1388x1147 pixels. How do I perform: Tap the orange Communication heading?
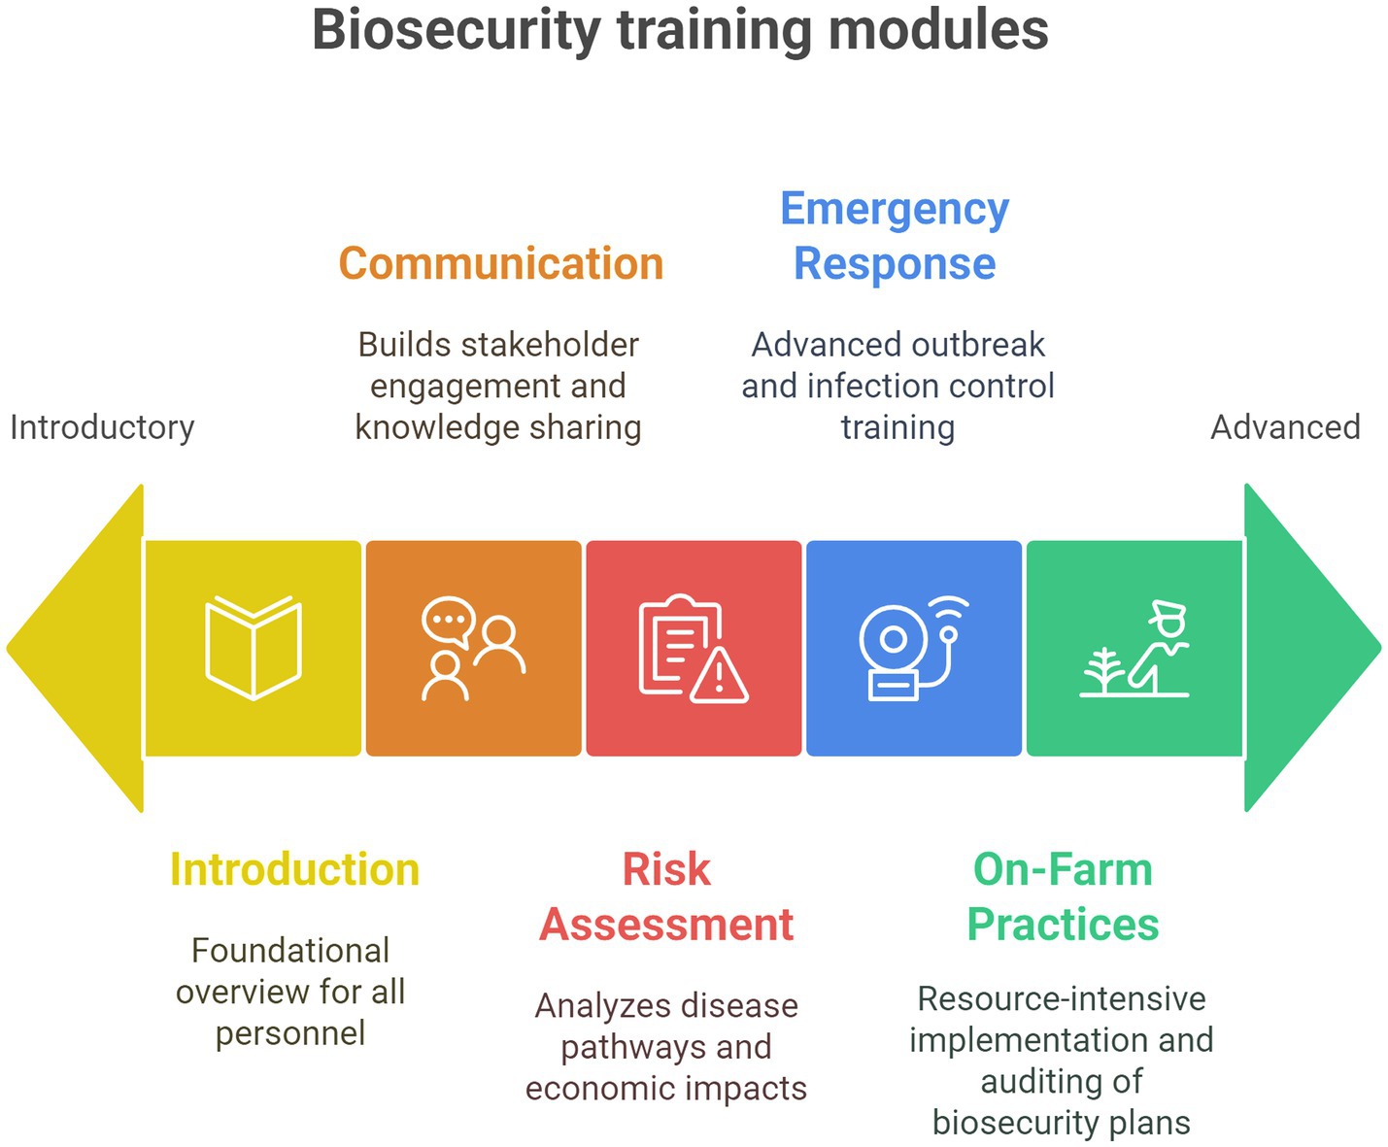(x=501, y=263)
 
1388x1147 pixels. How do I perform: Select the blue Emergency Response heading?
(x=895, y=237)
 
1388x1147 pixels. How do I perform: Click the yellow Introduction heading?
(x=294, y=869)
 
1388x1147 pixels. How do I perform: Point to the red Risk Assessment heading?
(x=666, y=896)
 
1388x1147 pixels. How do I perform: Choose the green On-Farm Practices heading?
(x=1063, y=896)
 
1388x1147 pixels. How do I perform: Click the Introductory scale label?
(x=102, y=427)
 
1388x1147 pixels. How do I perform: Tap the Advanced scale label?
(x=1286, y=427)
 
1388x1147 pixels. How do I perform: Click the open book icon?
(x=254, y=648)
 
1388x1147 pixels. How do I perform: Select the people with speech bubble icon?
(x=473, y=649)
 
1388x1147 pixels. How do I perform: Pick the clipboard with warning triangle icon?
(x=694, y=649)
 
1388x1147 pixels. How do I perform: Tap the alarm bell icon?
(x=914, y=649)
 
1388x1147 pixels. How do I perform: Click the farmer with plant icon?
(x=1134, y=649)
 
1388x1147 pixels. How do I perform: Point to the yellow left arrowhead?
(x=75, y=649)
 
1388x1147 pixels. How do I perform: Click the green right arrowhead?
(x=1313, y=648)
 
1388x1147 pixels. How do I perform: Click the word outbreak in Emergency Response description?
(x=978, y=345)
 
